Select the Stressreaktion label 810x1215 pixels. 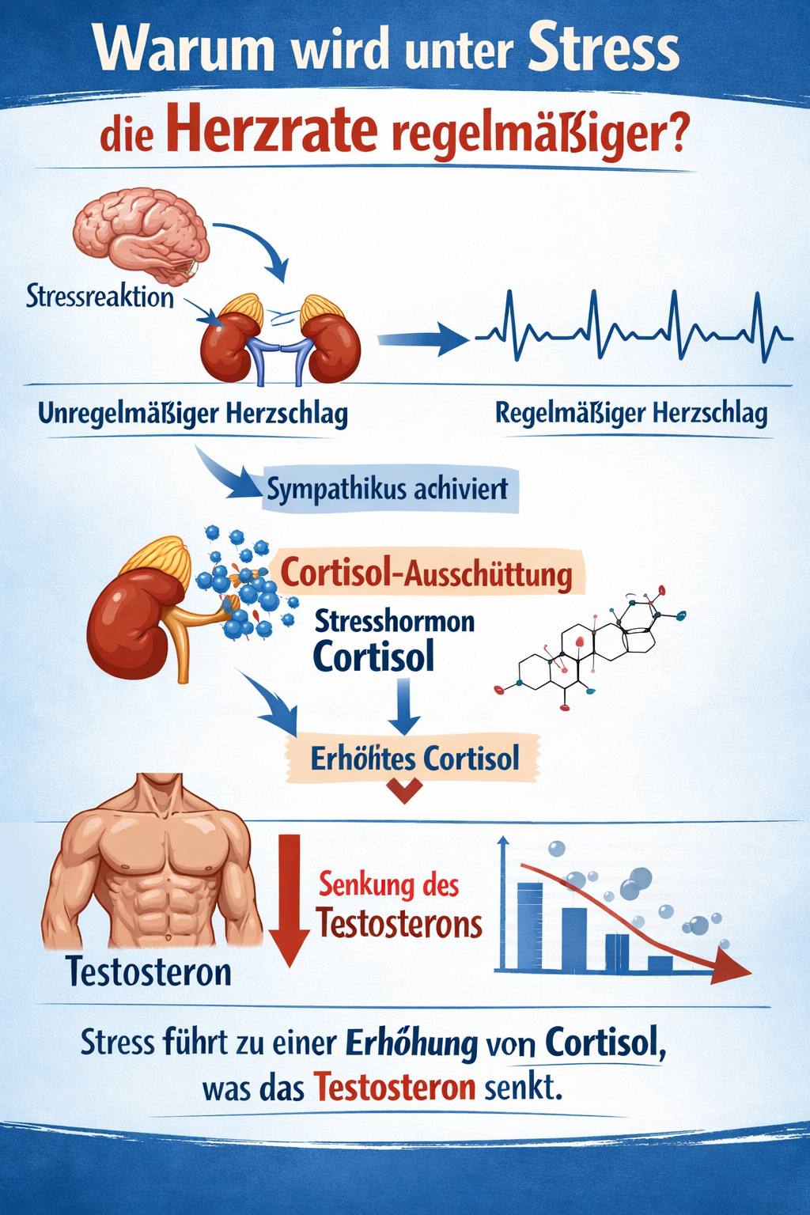pyautogui.click(x=100, y=297)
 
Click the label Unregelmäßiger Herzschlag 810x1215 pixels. pyautogui.click(x=192, y=414)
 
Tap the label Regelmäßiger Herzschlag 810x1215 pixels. pyautogui.click(x=631, y=414)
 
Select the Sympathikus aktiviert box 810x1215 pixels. pyautogui.click(x=389, y=490)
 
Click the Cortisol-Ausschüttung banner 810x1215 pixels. pyautogui.click(x=426, y=573)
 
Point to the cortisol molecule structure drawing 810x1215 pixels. pyautogui.click(x=590, y=647)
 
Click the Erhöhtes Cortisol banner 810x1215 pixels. pyautogui.click(x=414, y=759)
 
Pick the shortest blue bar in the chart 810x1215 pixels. pyautogui.click(x=660, y=963)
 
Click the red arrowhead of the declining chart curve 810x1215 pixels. pyautogui.click(x=732, y=967)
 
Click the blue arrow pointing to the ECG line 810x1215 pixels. pyautogui.click(x=423, y=339)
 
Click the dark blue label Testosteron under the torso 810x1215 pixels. pyautogui.click(x=148, y=972)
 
